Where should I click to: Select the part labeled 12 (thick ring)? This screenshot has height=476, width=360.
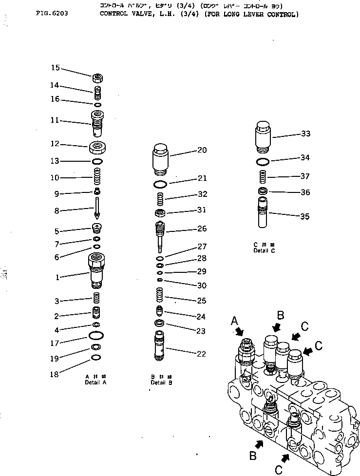[98, 146]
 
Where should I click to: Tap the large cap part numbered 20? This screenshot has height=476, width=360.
[160, 159]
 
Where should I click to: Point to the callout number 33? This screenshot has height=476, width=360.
[305, 134]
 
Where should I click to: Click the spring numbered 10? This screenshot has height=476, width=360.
[98, 174]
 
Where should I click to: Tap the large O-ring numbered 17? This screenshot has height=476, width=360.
[96, 336]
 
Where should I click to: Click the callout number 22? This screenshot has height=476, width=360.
[201, 354]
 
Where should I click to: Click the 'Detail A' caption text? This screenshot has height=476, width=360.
[95, 382]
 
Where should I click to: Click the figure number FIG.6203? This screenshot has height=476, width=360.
[52, 14]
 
